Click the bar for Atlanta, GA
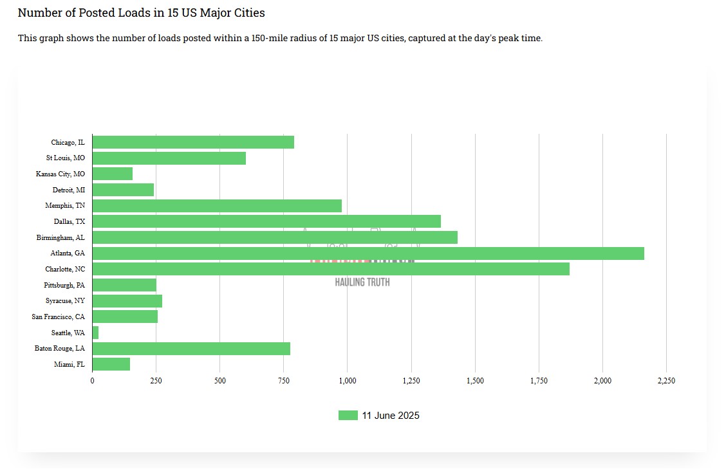point(368,253)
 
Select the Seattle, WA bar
point(95,333)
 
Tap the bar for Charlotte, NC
point(331,269)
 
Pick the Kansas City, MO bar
point(113,174)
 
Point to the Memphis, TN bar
point(217,206)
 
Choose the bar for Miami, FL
point(111,364)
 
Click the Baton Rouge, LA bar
point(191,349)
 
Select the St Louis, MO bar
point(169,158)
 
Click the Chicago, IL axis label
point(68,142)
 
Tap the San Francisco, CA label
point(58,317)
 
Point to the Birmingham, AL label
point(60,237)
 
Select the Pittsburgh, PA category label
point(64,285)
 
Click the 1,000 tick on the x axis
point(347,381)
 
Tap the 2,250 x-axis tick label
point(666,381)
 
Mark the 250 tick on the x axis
point(156,381)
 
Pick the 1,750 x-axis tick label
point(539,381)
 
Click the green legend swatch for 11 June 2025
point(348,416)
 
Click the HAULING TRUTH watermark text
point(362,282)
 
